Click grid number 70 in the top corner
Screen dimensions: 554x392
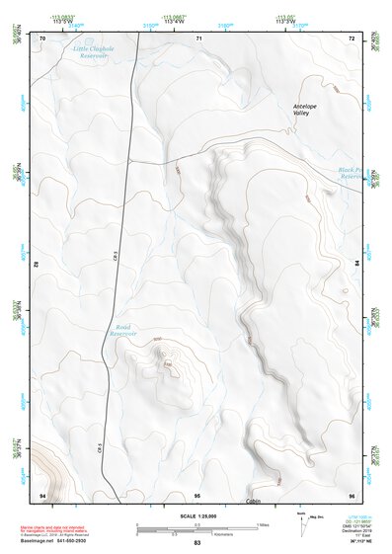[x=42, y=38]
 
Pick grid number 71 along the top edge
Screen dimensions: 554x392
[x=198, y=38]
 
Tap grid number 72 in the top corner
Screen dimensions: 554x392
[x=352, y=38]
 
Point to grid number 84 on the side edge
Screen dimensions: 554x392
[x=355, y=265]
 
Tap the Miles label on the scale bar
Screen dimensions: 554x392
[x=263, y=523]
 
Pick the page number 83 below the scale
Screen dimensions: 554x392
[x=196, y=544]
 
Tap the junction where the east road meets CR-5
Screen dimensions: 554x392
[x=130, y=160]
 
